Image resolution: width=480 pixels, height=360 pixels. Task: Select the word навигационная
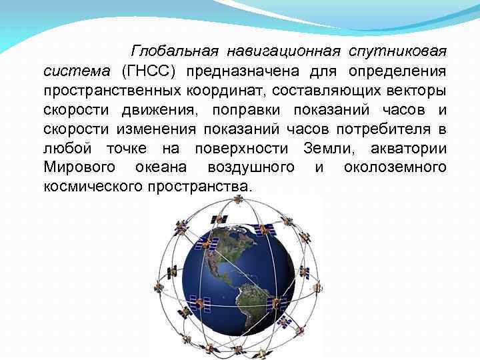[283, 51]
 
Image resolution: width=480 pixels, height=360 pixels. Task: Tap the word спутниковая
[399, 51]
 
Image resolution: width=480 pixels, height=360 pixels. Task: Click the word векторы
[411, 90]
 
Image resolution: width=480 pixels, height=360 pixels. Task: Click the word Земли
[326, 148]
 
